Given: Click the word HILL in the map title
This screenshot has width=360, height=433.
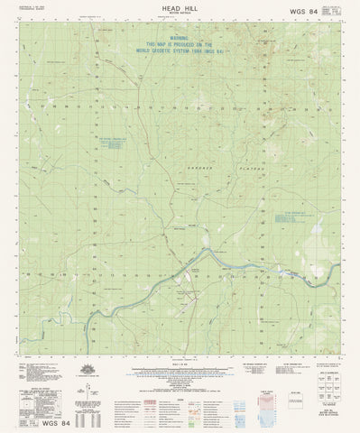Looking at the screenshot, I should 192,8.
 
